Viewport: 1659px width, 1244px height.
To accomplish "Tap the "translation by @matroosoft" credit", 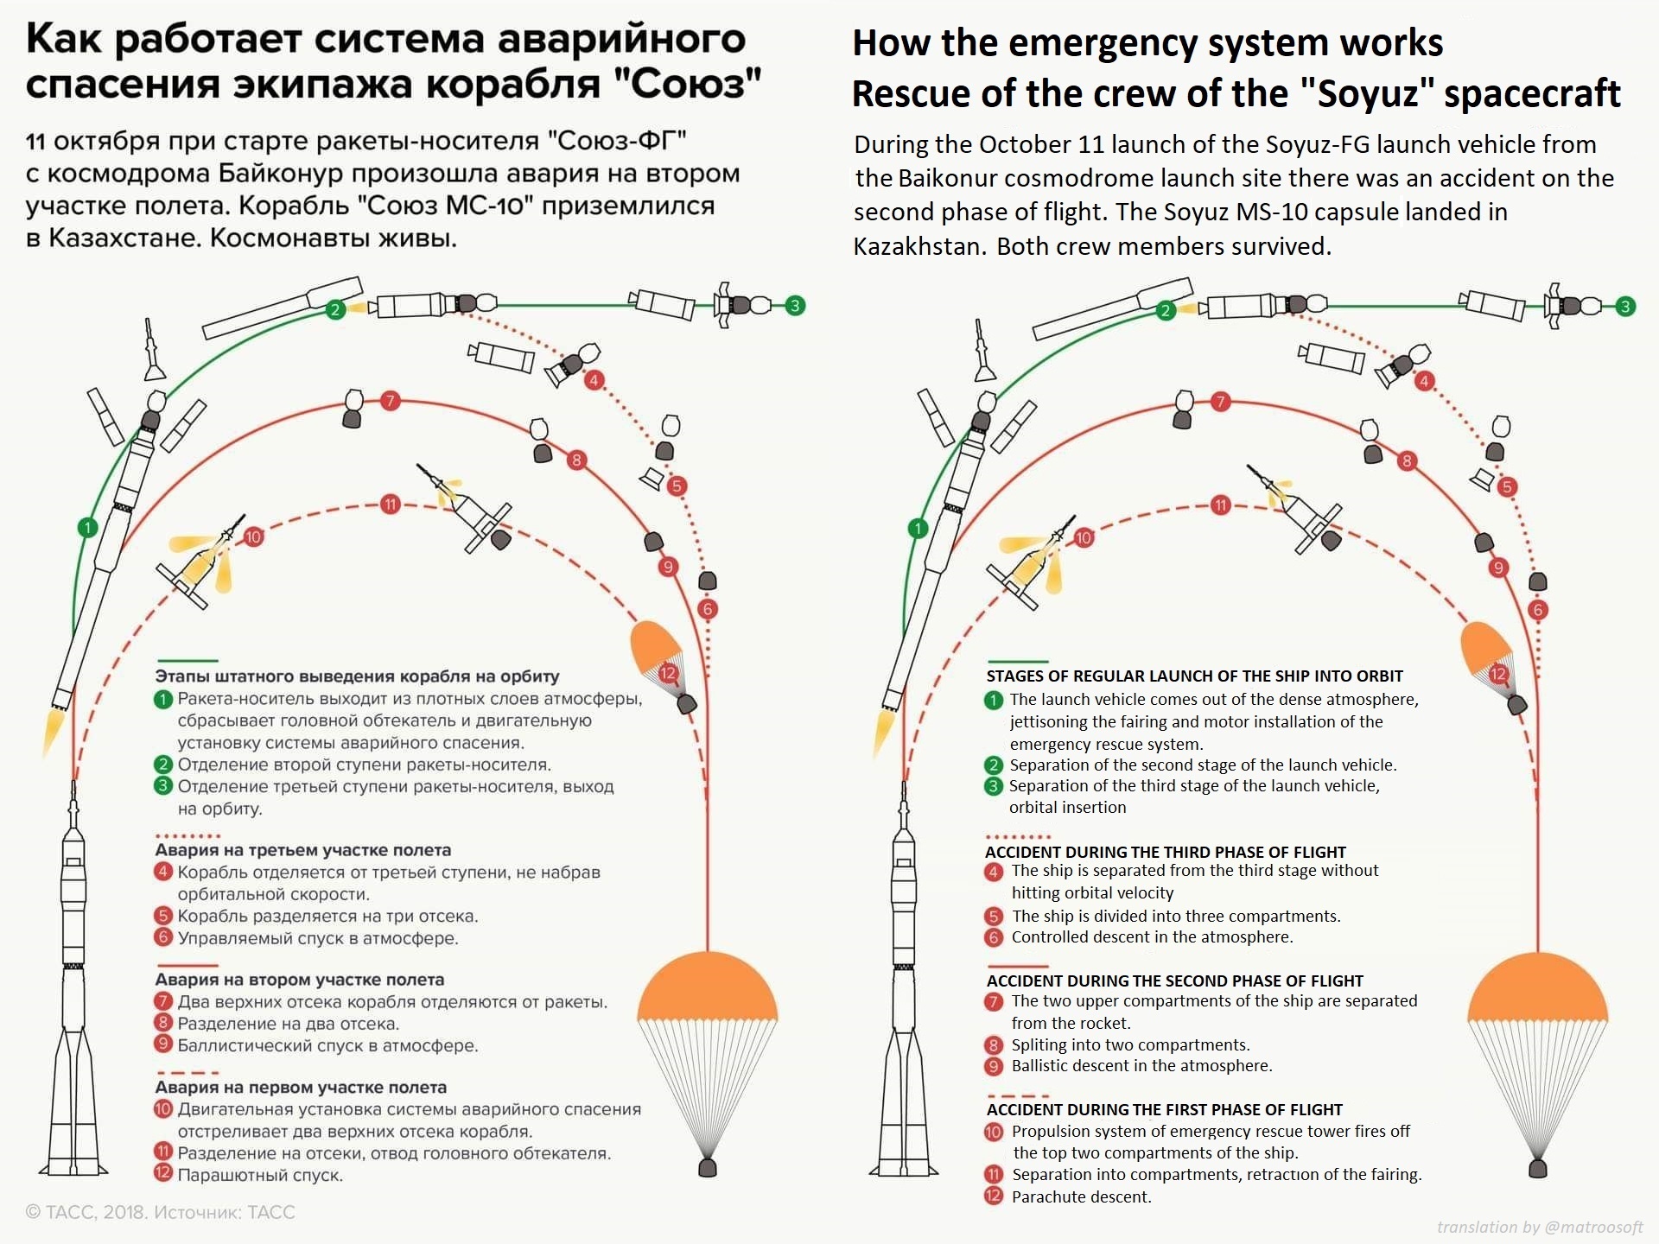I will (1539, 1227).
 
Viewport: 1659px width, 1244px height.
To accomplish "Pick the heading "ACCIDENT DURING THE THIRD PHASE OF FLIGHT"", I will (1165, 852).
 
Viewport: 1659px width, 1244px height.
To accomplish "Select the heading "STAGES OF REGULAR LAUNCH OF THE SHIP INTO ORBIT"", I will (1194, 676).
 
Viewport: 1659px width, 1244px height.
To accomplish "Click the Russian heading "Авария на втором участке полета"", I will (299, 980).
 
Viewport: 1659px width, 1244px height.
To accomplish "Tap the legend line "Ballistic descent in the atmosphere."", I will (1141, 1066).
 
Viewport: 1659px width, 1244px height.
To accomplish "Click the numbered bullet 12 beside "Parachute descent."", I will (994, 1196).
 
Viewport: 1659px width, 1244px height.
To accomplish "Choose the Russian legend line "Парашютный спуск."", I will (260, 1175).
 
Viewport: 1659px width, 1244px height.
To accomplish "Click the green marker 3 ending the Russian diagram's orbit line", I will (795, 305).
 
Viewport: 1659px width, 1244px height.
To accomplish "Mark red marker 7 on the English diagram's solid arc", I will (1220, 402).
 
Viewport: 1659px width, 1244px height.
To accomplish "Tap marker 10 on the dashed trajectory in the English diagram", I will (1084, 538).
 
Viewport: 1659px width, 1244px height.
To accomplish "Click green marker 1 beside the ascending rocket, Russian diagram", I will (87, 526).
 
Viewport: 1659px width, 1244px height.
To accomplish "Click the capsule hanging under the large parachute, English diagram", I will (1538, 1169).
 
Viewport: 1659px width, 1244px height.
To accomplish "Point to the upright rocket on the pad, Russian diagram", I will (73, 993).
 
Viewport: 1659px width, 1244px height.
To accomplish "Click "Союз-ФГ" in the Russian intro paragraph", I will (618, 141).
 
